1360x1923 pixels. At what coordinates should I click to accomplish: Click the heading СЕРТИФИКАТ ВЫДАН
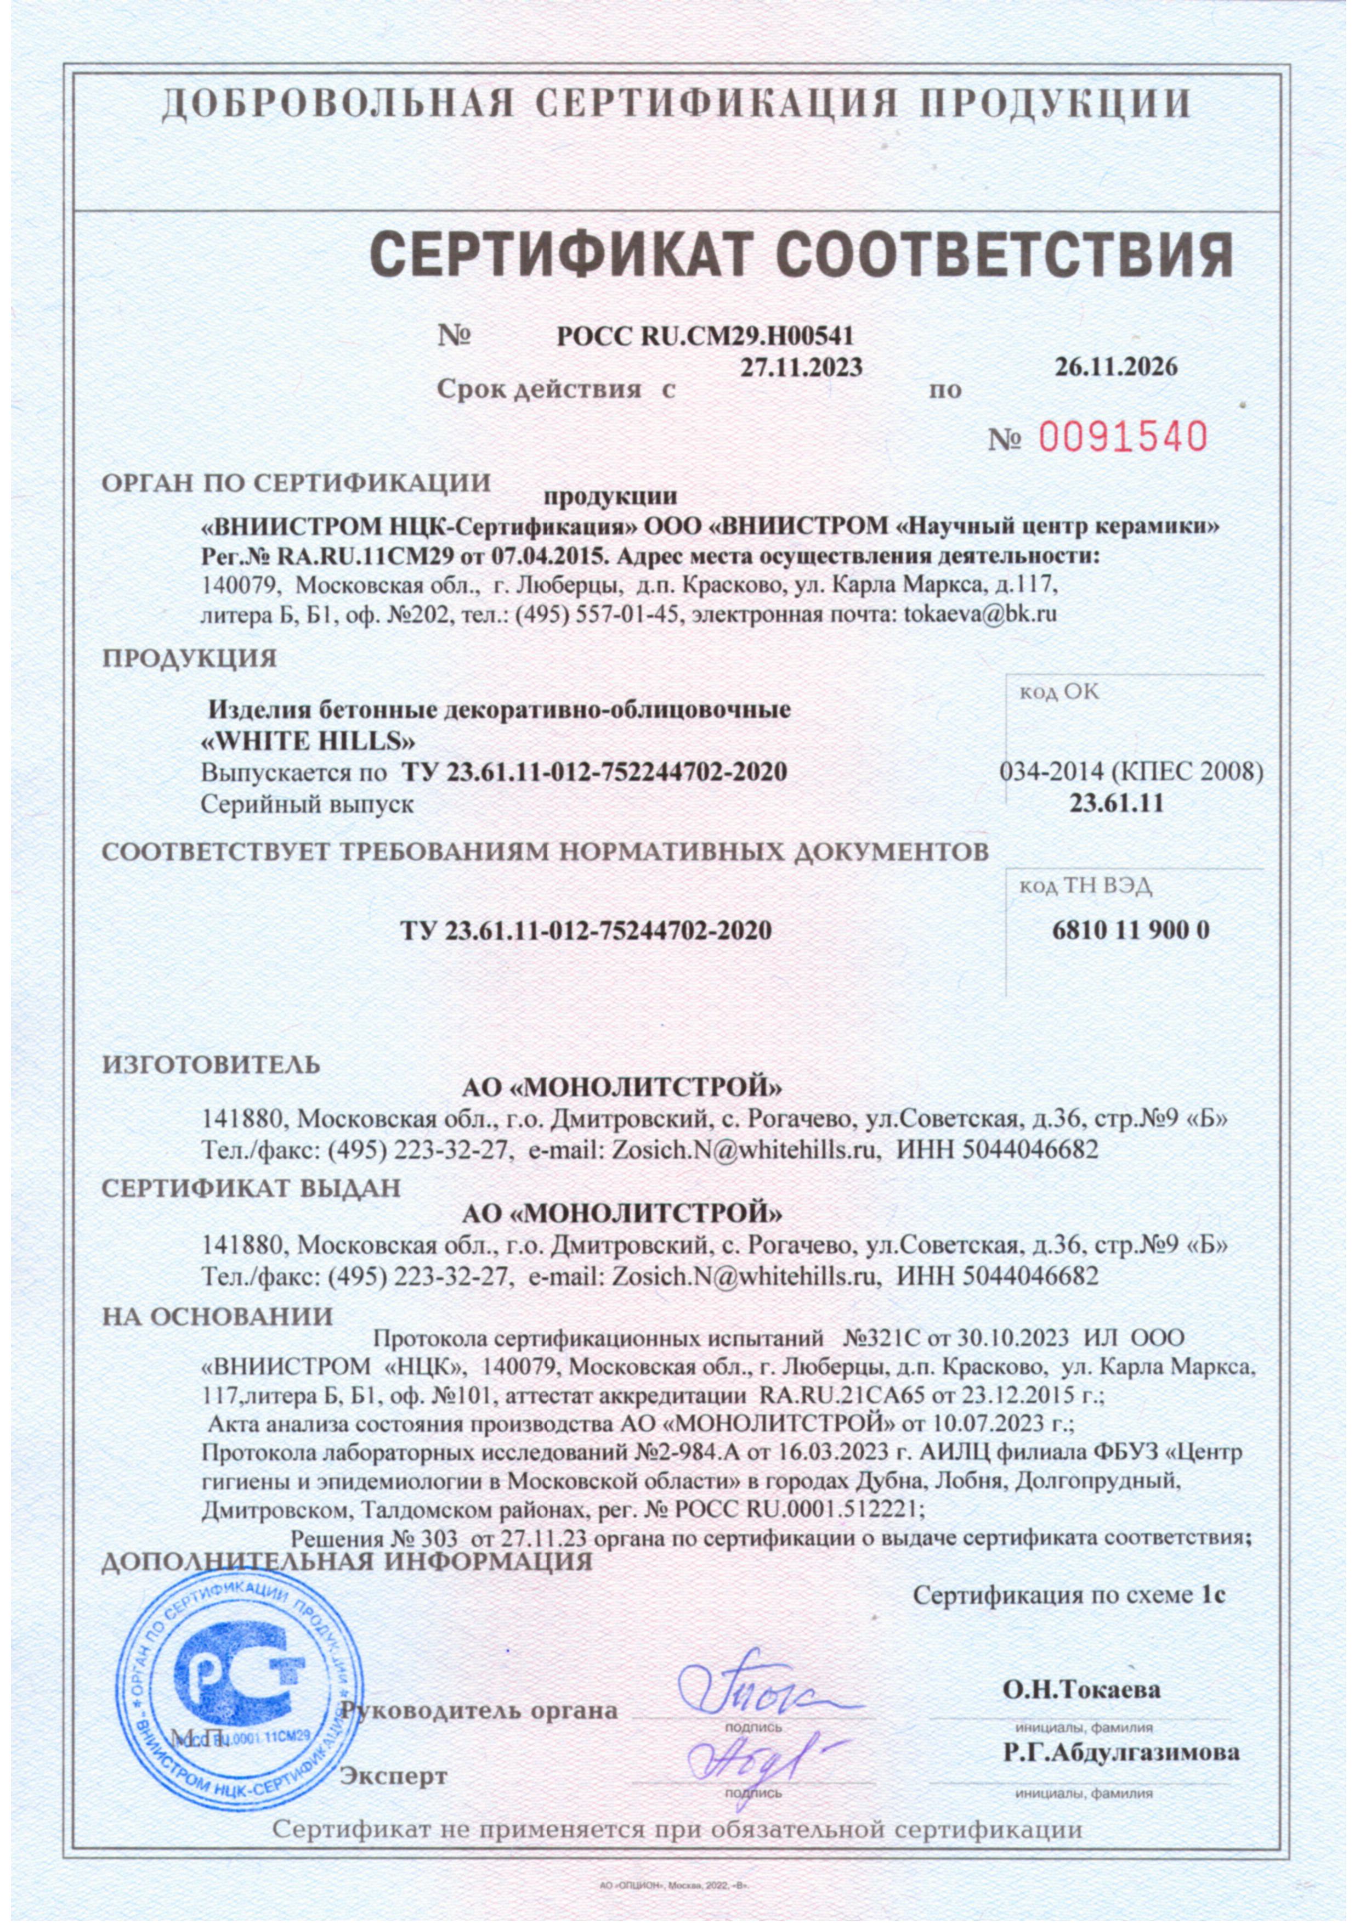(x=251, y=1188)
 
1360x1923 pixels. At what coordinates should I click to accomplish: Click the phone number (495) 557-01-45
(x=600, y=614)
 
